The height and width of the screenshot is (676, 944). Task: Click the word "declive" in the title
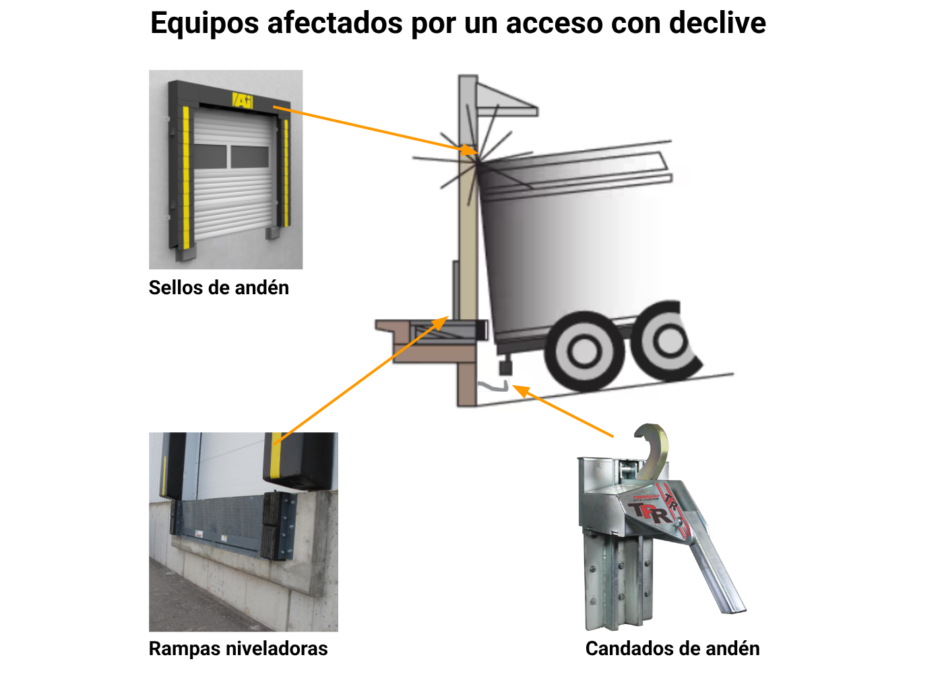click(718, 23)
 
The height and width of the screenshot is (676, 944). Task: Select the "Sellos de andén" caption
click(219, 288)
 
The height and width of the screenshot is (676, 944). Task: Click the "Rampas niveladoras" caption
click(238, 648)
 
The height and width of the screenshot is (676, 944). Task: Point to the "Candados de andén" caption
click(672, 648)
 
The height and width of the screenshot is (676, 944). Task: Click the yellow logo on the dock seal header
click(243, 101)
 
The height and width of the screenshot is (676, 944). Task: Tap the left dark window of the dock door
click(210, 156)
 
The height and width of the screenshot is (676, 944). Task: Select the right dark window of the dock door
click(249, 157)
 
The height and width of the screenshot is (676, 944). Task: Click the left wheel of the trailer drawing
click(584, 351)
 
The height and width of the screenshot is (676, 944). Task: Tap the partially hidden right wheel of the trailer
click(662, 339)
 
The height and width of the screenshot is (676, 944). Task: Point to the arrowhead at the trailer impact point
click(470, 150)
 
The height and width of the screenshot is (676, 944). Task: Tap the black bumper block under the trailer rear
click(505, 368)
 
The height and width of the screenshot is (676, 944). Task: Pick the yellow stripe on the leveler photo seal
click(277, 439)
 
